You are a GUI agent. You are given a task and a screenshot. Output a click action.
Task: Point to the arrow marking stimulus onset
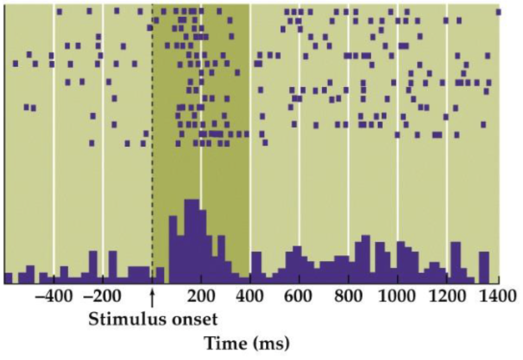152,297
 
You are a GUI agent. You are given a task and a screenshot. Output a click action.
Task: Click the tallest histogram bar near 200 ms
191,240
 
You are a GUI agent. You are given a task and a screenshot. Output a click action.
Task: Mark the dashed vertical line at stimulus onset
152,147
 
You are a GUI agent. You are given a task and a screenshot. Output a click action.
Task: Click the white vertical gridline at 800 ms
349,147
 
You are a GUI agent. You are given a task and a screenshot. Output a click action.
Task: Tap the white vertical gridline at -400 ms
54,147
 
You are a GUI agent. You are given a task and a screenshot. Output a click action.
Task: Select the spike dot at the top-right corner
498,12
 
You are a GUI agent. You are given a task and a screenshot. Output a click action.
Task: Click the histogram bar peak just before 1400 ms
484,267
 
